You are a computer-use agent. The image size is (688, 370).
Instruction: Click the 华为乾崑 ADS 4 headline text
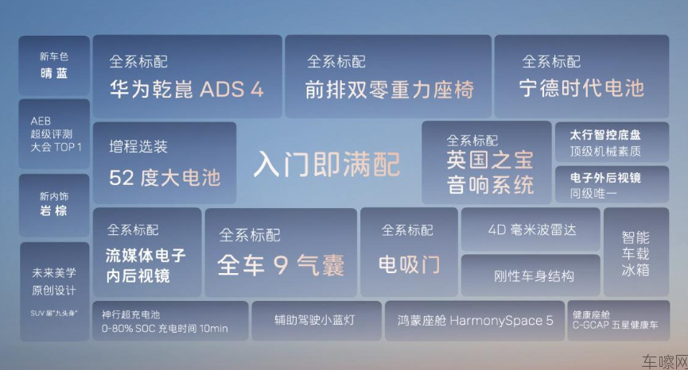(186, 90)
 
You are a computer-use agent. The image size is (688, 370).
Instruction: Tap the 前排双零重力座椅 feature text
(390, 90)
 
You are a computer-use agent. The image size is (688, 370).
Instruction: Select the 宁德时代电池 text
(581, 88)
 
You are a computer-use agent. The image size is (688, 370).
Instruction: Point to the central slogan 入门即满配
(327, 164)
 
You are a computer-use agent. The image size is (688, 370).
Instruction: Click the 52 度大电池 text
(165, 178)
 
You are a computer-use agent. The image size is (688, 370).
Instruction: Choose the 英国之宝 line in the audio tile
(490, 160)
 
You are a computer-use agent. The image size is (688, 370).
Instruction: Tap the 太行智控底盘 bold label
(605, 135)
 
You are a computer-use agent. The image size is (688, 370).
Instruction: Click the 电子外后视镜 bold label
(605, 178)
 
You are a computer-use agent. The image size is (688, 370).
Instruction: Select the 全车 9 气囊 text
(281, 265)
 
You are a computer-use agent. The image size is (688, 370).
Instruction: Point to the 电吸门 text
(409, 264)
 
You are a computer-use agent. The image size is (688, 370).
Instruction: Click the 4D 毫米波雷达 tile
(531, 229)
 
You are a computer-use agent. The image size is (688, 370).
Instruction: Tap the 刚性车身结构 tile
(531, 276)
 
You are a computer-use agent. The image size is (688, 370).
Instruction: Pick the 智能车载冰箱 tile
(636, 252)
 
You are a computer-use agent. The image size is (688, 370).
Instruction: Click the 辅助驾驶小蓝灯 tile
(317, 321)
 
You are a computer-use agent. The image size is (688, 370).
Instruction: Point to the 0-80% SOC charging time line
(165, 329)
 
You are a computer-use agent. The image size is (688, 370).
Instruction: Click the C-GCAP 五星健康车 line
(615, 326)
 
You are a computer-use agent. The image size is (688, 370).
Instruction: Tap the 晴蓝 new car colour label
(54, 73)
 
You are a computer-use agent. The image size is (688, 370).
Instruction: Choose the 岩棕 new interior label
(53, 210)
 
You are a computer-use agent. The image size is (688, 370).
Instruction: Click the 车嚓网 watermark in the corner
(665, 362)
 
